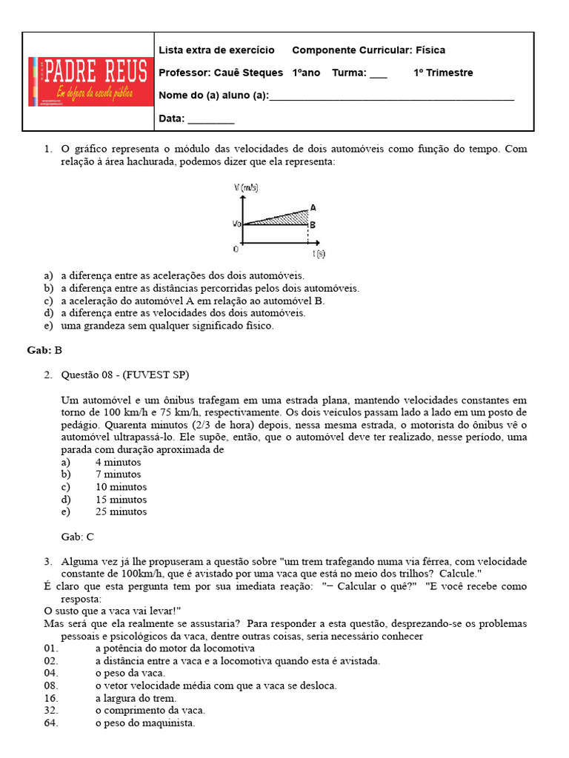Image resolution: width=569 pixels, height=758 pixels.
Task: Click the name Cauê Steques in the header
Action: (248, 73)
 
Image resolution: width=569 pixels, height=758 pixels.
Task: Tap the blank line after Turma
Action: (377, 74)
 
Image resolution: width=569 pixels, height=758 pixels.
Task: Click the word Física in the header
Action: (430, 50)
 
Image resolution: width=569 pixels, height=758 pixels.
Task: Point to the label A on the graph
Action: (313, 208)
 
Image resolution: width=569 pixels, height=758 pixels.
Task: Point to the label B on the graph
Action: (313, 224)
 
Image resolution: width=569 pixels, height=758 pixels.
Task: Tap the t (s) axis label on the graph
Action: (319, 253)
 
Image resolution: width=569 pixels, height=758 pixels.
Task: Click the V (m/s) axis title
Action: (246, 189)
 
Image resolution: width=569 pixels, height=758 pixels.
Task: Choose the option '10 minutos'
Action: (121, 487)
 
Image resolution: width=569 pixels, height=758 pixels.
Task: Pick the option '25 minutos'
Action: (121, 512)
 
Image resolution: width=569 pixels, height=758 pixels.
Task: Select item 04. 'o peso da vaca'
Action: (130, 673)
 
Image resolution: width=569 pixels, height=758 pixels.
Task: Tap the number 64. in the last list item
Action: (51, 723)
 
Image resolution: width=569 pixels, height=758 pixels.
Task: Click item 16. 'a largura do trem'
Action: (136, 698)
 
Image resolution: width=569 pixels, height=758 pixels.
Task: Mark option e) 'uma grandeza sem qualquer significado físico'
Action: (167, 326)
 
